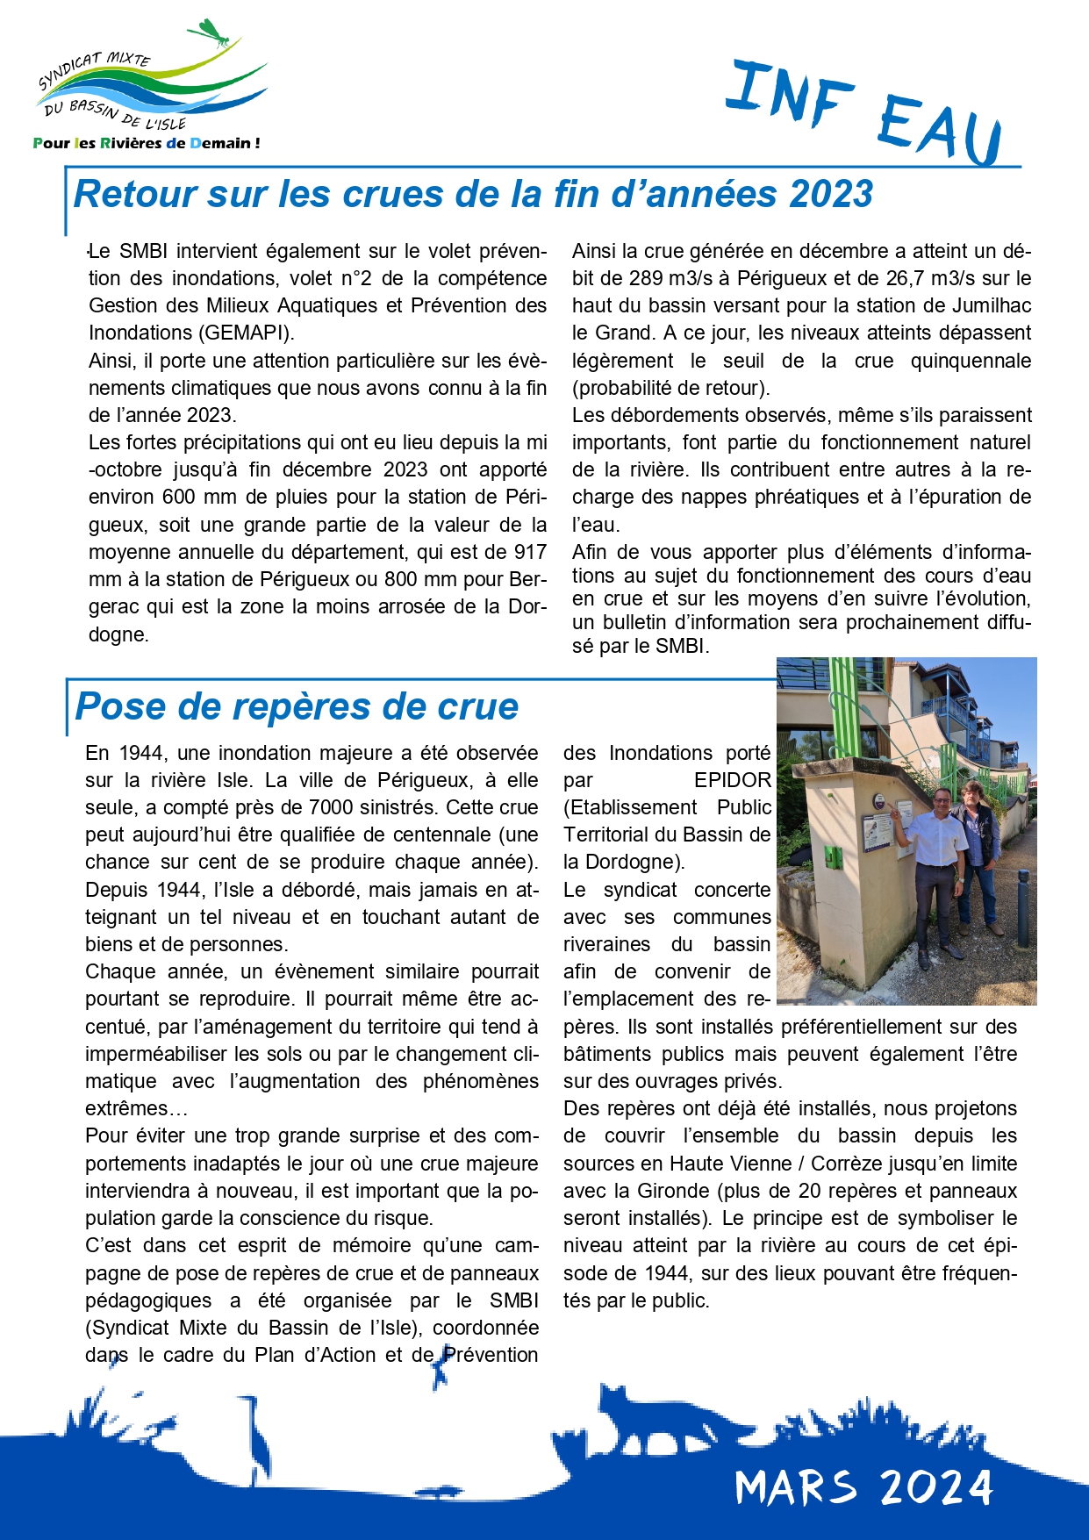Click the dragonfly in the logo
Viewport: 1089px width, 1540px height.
213,33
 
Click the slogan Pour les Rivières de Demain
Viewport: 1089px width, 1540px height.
146,143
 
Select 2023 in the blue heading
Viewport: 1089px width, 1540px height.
830,194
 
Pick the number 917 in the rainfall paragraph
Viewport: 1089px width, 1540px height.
529,552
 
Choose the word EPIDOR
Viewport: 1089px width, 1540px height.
732,780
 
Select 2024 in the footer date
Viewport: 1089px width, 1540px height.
935,1487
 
